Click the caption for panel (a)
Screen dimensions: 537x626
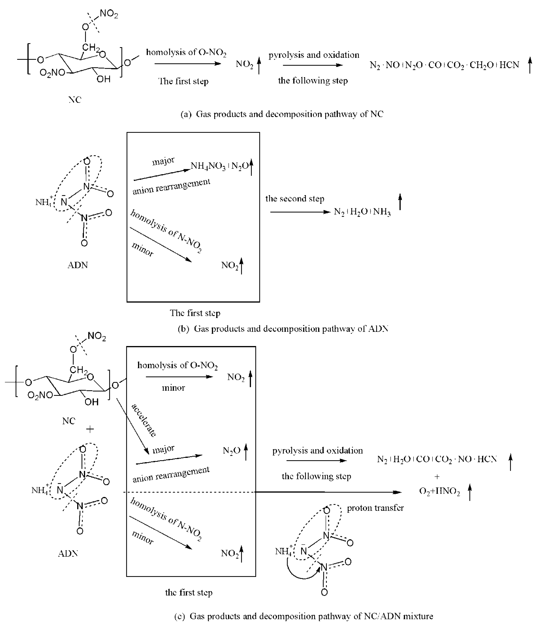[x=282, y=114]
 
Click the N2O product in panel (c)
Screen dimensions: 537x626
[x=231, y=451]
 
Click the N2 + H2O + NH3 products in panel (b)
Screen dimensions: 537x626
[x=362, y=212]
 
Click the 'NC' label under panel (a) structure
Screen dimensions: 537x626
[x=75, y=100]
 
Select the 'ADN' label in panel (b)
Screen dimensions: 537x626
[x=78, y=265]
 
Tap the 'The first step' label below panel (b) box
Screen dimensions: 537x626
[x=195, y=313]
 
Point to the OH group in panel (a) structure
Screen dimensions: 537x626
[x=103, y=79]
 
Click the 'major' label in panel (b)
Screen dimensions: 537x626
[x=163, y=161]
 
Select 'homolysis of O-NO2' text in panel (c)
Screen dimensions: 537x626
[x=177, y=366]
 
